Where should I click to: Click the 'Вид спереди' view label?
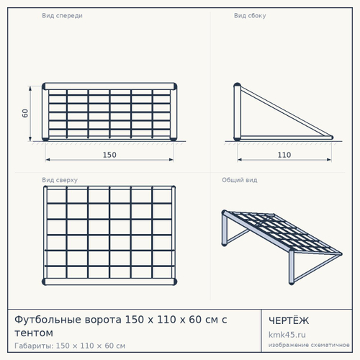(x=62, y=16)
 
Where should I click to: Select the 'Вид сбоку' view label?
(x=250, y=16)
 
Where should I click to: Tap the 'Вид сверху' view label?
(x=60, y=180)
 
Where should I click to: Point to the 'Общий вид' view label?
(x=240, y=180)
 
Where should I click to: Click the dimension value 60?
(x=25, y=113)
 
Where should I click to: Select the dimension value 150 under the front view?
(x=109, y=155)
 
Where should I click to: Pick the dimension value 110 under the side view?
(x=284, y=155)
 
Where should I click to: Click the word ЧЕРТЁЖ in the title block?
(x=289, y=320)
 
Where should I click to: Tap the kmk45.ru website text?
(x=287, y=335)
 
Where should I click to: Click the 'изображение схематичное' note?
(x=309, y=345)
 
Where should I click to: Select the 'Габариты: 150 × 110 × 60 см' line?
(x=70, y=346)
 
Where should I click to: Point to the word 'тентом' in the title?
(x=34, y=333)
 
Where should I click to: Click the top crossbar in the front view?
(x=109, y=86)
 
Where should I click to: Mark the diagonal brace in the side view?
(x=287, y=112)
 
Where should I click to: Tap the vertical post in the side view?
(x=237, y=112)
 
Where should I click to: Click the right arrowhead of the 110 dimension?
(x=329, y=159)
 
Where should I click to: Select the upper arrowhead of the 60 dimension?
(x=30, y=89)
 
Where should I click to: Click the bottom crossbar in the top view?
(x=109, y=282)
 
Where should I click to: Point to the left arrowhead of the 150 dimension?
(x=48, y=159)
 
